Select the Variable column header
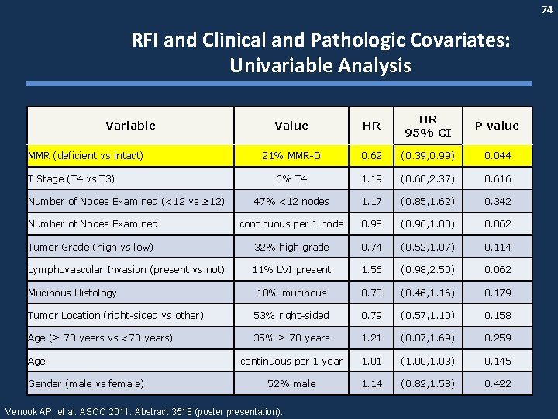(x=130, y=125)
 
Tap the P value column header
(x=497, y=125)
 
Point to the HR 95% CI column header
(x=428, y=125)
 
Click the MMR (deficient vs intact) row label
(x=86, y=156)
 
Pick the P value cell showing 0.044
(x=497, y=156)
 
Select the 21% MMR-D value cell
(x=291, y=156)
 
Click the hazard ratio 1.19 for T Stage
(x=371, y=178)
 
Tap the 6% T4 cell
(x=291, y=178)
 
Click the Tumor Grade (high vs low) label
(x=91, y=247)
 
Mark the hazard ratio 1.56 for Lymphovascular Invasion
(x=371, y=269)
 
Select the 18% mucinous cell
(x=291, y=293)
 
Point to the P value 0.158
(x=497, y=315)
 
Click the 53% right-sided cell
(x=291, y=315)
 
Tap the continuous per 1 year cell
(x=291, y=361)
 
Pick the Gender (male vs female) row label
(x=85, y=383)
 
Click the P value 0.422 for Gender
(x=497, y=383)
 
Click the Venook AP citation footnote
(x=144, y=410)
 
